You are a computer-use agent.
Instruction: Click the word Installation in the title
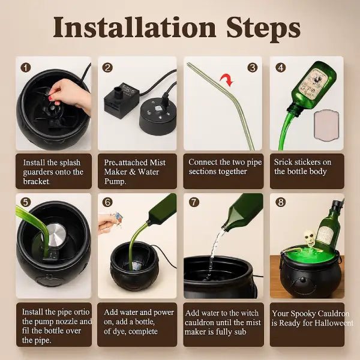click(x=134, y=27)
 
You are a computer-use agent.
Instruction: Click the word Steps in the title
click(x=263, y=29)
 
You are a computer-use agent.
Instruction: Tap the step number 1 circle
click(x=25, y=67)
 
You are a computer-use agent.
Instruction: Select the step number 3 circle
click(x=253, y=67)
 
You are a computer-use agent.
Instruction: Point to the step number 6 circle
click(x=107, y=202)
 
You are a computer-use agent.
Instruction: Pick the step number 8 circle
click(x=281, y=202)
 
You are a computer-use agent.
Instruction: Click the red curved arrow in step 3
click(x=227, y=80)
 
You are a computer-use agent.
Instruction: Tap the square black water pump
click(x=121, y=100)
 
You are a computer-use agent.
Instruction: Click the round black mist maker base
click(x=158, y=116)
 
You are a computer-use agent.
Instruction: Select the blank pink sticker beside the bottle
click(x=327, y=125)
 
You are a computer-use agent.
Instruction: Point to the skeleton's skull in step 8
click(x=309, y=238)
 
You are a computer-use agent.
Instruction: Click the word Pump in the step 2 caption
click(x=115, y=181)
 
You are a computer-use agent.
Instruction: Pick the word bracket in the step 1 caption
click(x=36, y=181)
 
